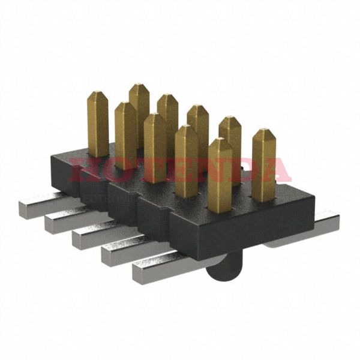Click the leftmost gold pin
[98, 123]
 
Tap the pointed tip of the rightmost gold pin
[263, 131]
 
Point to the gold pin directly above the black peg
[220, 174]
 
